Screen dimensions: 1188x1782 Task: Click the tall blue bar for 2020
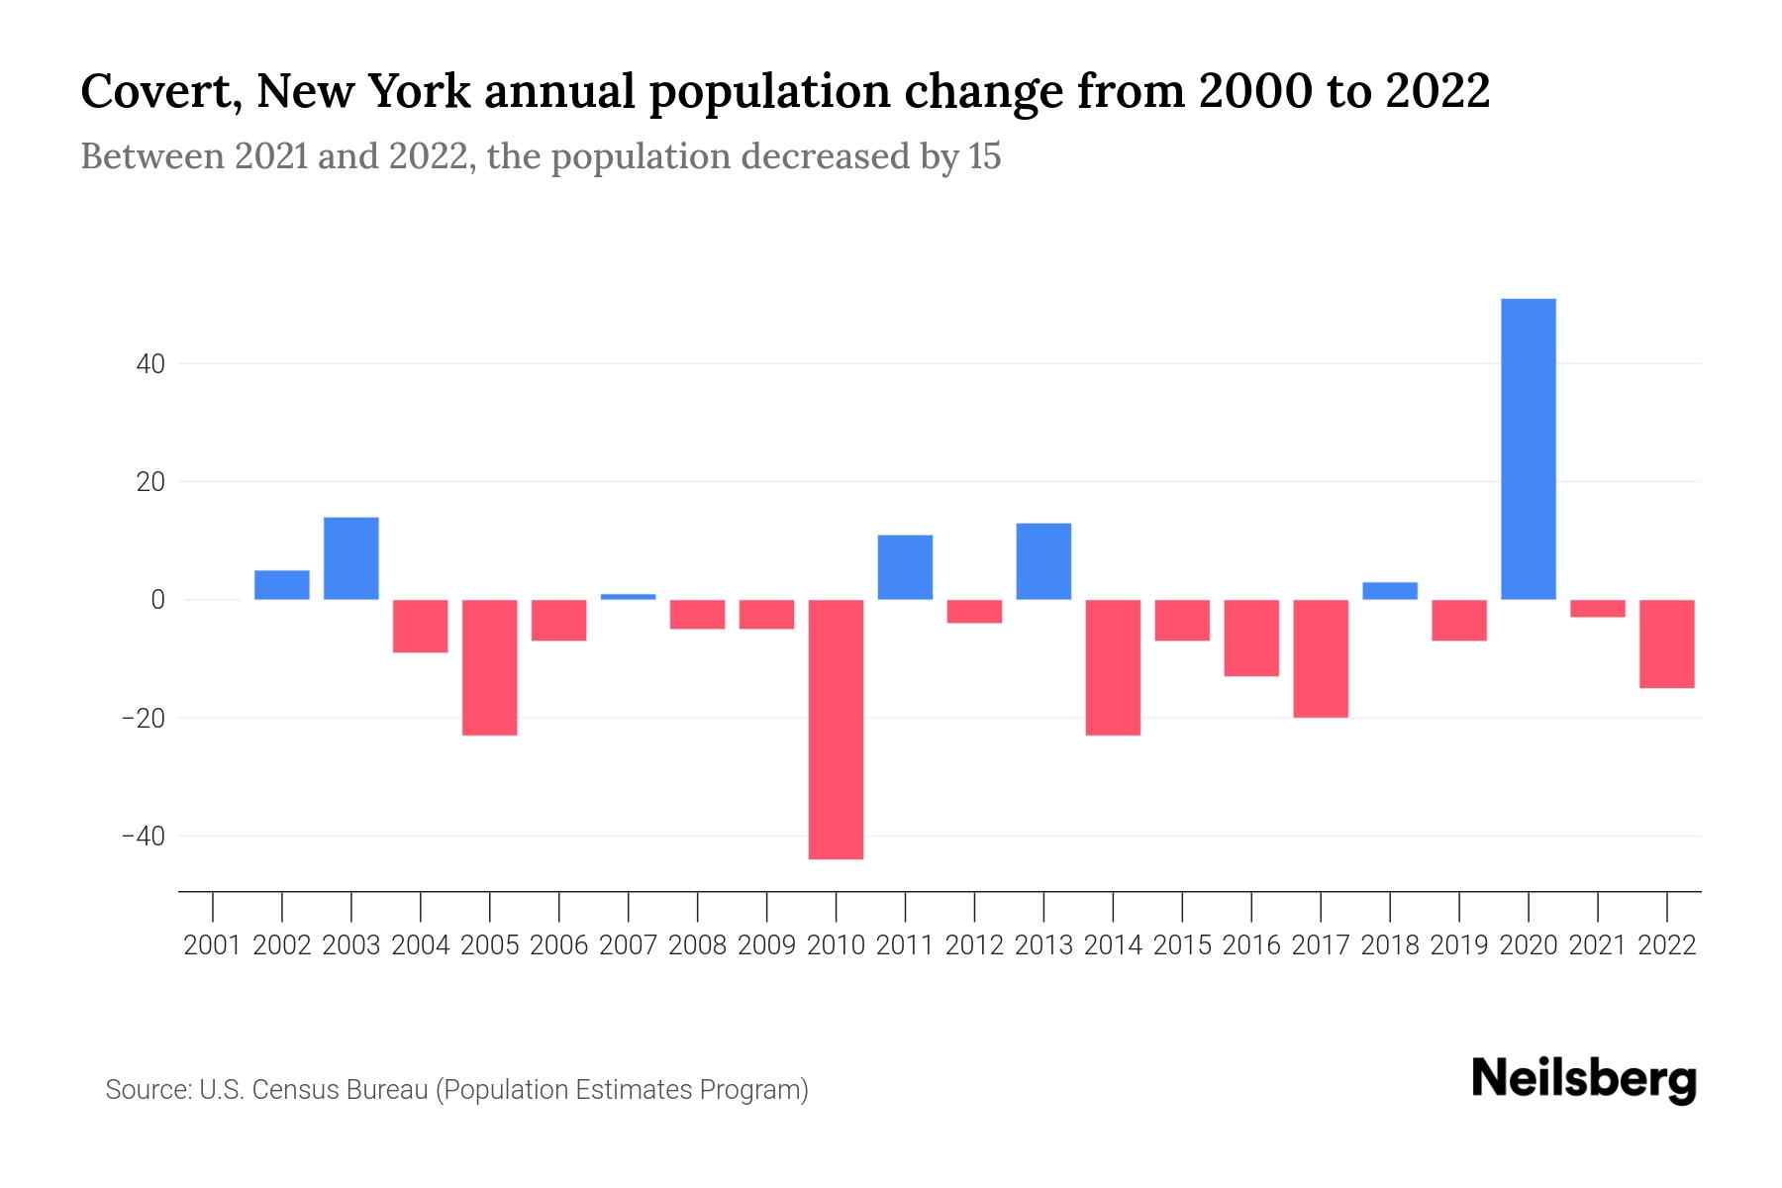(1529, 448)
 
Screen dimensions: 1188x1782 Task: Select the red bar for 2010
(836, 729)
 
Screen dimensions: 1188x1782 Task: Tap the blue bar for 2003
(351, 558)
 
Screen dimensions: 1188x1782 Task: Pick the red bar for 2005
(490, 667)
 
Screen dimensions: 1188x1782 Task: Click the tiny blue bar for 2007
(629, 597)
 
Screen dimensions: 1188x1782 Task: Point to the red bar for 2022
(1667, 643)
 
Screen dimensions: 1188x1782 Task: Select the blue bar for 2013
(1043, 561)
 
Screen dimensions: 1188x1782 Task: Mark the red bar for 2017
(1321, 658)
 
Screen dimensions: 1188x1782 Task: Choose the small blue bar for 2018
(1390, 591)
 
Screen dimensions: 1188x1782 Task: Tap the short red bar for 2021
(1598, 609)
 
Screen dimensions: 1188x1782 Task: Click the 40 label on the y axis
(150, 364)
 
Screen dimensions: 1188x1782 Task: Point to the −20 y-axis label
(143, 718)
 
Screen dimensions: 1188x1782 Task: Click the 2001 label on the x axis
(213, 945)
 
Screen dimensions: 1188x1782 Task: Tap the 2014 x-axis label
(1113, 945)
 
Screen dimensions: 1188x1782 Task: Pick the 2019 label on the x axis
(1459, 945)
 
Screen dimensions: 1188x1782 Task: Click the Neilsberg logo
(1583, 1079)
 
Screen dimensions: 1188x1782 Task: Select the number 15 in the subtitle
(984, 156)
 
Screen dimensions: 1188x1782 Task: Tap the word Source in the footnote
(147, 1090)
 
